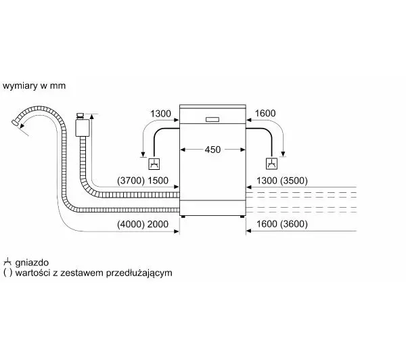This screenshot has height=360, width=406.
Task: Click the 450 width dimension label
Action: [212, 150]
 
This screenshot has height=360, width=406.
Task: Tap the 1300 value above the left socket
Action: [160, 114]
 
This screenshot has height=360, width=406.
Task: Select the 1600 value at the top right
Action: [265, 113]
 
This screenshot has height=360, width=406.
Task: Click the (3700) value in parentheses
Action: [131, 181]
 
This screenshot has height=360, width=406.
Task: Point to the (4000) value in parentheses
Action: [131, 224]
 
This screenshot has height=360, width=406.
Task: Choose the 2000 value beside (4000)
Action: [158, 224]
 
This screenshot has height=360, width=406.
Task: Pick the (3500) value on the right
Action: [294, 181]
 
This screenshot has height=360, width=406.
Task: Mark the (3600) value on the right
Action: [294, 224]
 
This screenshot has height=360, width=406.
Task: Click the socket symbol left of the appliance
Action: [154, 164]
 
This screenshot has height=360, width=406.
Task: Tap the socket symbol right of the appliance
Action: [271, 164]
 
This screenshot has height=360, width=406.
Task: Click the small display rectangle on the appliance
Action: [212, 119]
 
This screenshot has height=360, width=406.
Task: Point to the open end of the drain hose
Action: [16, 123]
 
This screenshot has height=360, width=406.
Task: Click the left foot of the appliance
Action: [183, 217]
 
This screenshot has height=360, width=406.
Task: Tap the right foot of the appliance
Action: [242, 217]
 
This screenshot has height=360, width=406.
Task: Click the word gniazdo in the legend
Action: [32, 263]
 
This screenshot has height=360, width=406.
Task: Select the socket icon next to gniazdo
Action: [7, 262]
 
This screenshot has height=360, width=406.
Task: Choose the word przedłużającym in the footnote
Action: [139, 273]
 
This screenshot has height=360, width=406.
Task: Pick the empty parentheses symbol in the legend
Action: [7, 273]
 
